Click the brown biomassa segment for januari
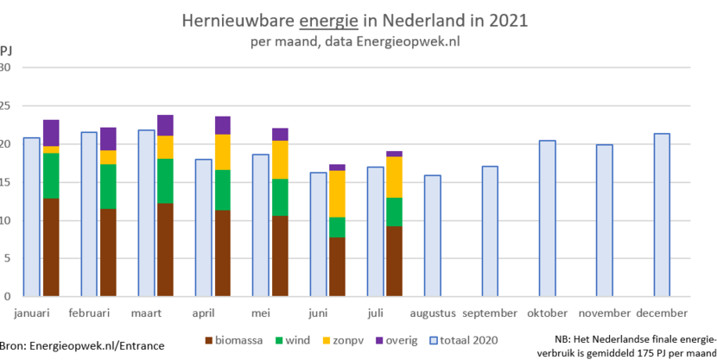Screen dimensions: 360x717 [51, 247]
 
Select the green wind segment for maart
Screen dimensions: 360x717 [165, 180]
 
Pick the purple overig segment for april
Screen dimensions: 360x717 [223, 125]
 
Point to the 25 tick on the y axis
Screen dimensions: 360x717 [6, 106]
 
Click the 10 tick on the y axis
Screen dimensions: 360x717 [6, 221]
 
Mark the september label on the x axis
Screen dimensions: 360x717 [490, 313]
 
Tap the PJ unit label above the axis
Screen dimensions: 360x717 [6, 50]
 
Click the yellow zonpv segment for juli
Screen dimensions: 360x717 [394, 177]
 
